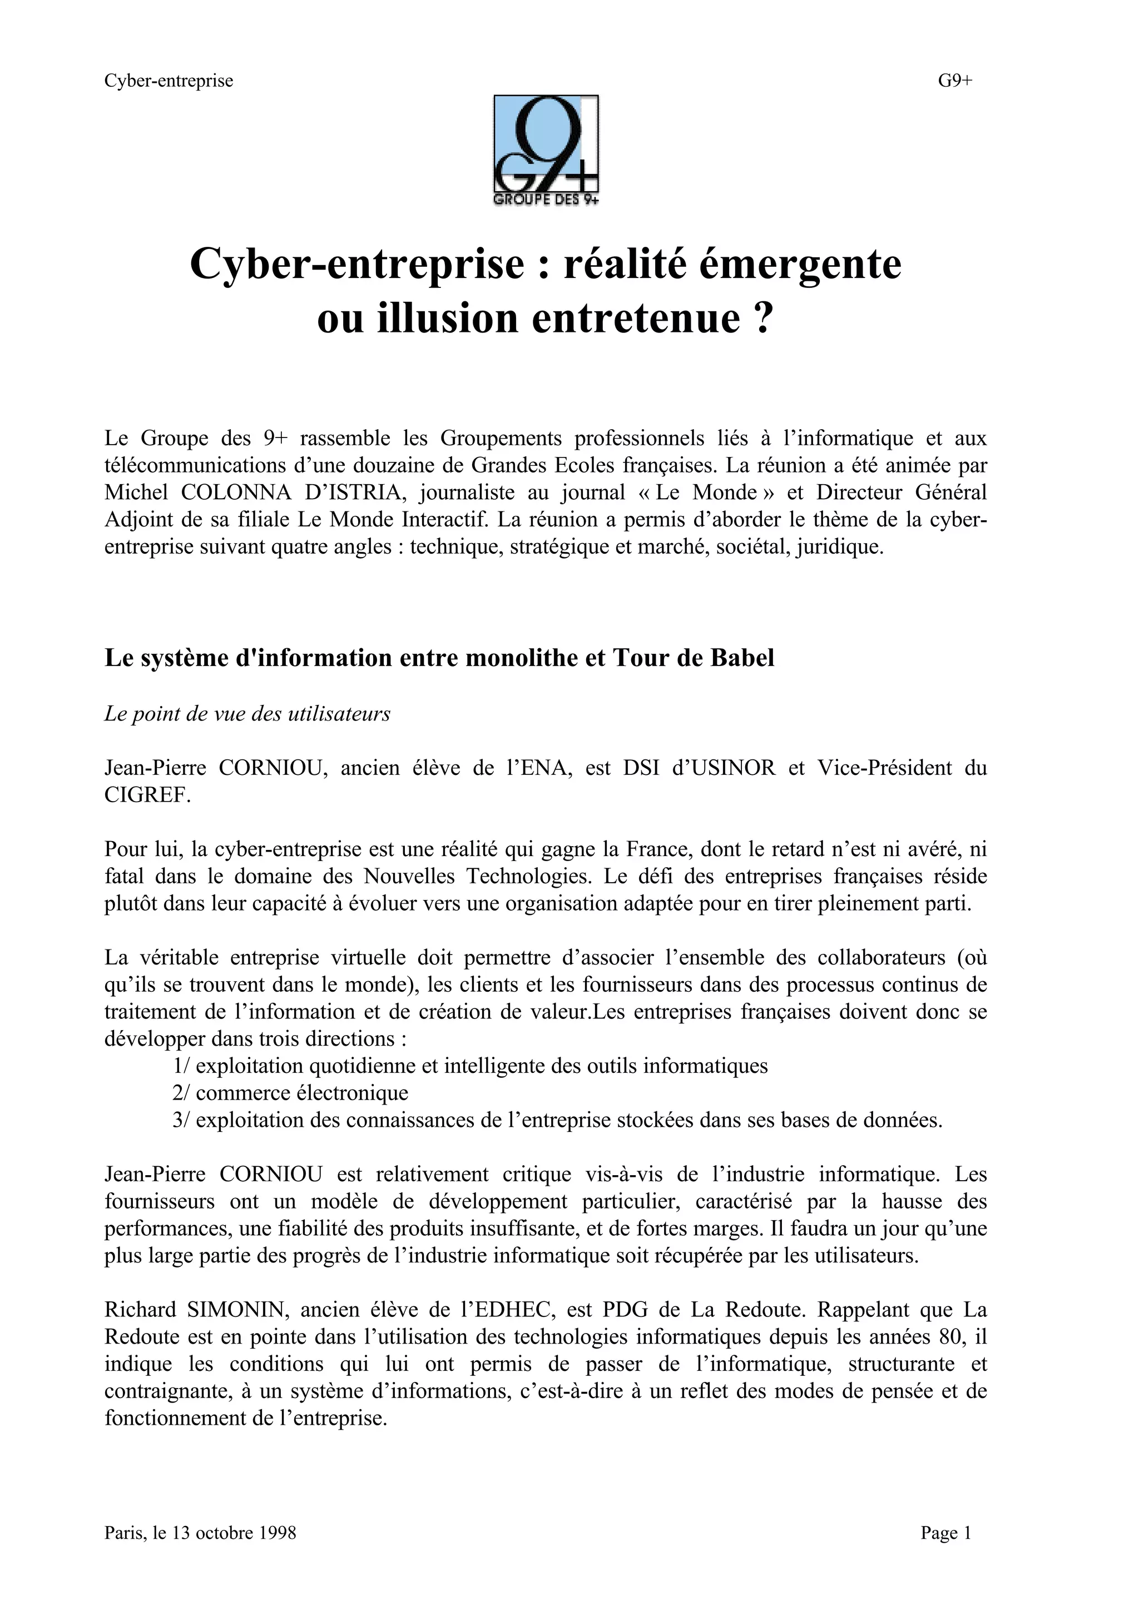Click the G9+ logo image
point(546,150)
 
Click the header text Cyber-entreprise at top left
point(169,81)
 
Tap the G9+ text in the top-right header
point(955,81)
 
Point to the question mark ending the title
point(764,319)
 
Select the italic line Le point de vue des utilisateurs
point(247,714)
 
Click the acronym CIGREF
point(147,795)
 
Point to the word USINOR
point(734,768)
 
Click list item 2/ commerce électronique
point(290,1093)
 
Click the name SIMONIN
point(236,1310)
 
